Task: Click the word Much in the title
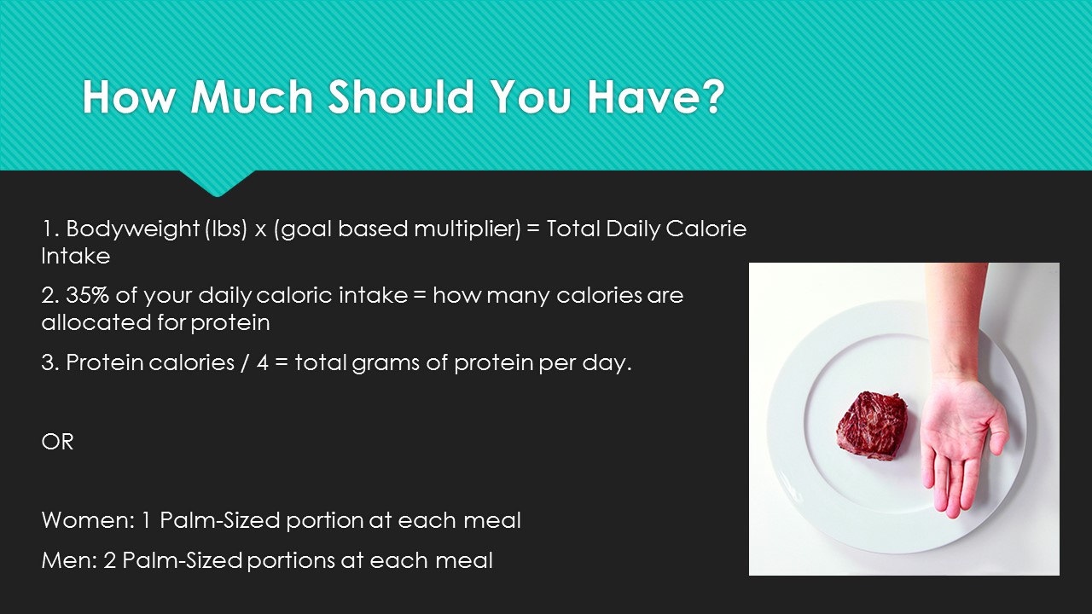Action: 251,96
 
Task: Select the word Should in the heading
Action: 401,96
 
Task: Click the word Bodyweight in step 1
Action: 132,229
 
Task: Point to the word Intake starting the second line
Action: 76,256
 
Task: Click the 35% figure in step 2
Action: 87,295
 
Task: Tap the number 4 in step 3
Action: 262,362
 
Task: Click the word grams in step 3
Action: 385,363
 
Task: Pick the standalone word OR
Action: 57,442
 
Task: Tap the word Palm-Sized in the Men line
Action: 183,560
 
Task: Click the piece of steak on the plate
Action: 873,425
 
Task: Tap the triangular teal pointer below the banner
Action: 218,182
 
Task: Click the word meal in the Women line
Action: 492,520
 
